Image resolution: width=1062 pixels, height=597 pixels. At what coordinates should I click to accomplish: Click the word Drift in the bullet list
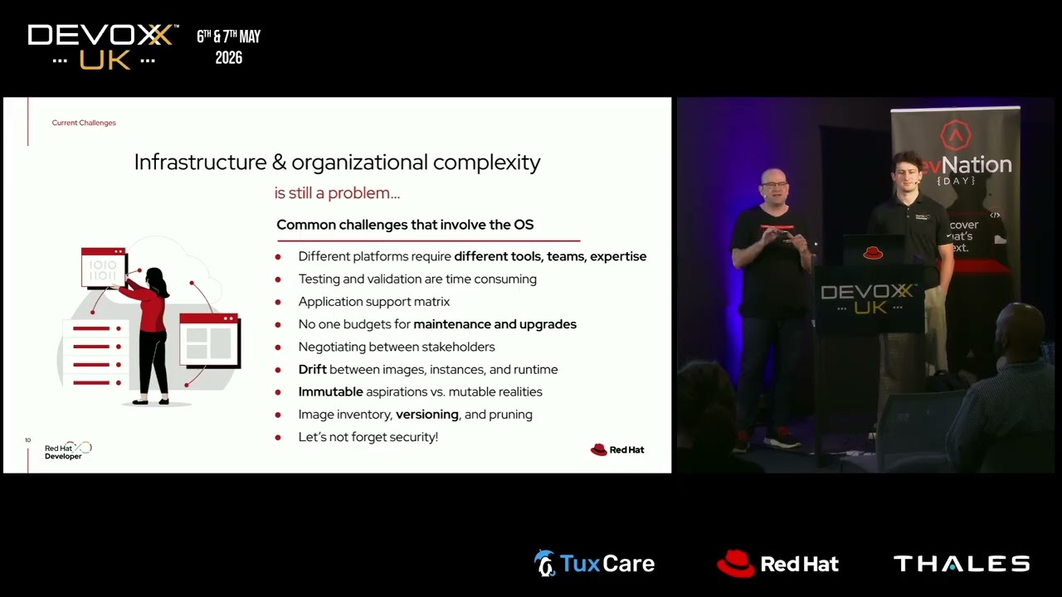tap(313, 369)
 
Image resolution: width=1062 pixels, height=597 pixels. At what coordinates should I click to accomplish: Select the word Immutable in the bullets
tap(330, 392)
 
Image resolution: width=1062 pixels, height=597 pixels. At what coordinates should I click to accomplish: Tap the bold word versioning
tap(427, 415)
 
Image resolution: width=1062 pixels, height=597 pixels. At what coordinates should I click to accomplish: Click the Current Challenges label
tap(84, 123)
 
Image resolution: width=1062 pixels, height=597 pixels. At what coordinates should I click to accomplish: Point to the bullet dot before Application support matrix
tap(278, 303)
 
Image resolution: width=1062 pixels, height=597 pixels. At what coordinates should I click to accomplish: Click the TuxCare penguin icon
tap(544, 563)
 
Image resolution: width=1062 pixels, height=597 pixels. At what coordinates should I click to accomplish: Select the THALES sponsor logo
tap(962, 564)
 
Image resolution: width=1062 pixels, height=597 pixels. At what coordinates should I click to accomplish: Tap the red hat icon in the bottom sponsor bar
tap(735, 563)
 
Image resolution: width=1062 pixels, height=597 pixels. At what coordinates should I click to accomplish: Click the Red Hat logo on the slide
tap(616, 449)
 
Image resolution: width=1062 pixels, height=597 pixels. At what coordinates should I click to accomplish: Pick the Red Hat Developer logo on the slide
tap(68, 451)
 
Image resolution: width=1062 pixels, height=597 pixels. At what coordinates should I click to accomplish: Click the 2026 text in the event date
tap(228, 58)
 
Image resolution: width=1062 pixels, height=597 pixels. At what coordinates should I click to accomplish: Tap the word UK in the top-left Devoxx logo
tap(105, 61)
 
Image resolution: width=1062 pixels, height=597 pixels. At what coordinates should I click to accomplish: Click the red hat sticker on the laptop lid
tap(873, 253)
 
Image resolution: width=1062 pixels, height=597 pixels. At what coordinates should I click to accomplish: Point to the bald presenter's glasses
tap(774, 184)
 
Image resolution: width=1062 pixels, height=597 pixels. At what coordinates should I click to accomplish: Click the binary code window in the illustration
tap(104, 267)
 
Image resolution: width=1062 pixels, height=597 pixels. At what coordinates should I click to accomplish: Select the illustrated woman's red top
tap(150, 307)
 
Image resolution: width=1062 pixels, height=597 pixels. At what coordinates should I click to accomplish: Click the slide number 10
tap(28, 440)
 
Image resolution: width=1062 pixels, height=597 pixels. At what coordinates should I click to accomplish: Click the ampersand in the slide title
tap(280, 163)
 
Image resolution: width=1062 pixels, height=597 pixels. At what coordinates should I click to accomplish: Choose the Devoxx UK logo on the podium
tap(868, 298)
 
